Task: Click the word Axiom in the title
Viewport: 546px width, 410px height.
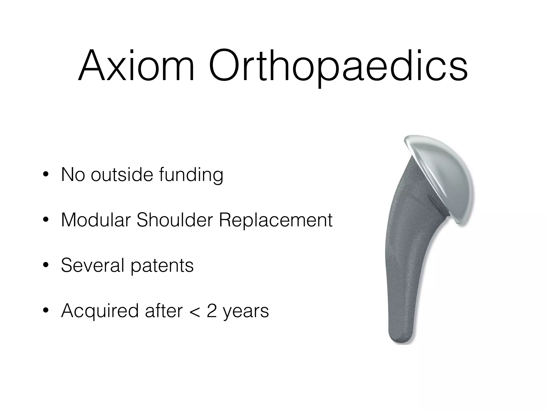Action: [136, 65]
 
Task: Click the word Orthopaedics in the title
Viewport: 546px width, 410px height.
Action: [338, 67]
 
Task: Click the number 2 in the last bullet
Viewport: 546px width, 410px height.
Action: [212, 311]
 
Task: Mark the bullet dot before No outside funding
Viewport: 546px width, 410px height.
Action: [46, 175]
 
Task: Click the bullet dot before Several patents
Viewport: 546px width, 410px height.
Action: [46, 265]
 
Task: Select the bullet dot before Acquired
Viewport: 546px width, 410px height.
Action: [46, 311]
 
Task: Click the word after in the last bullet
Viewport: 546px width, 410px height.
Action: [164, 311]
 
